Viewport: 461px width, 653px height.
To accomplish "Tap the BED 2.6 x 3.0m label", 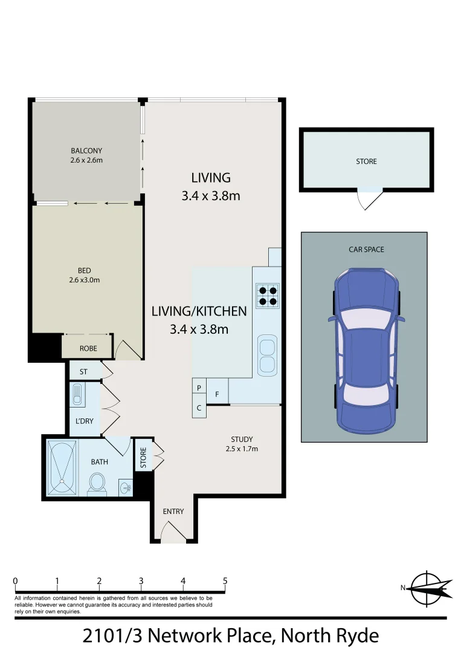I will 85,275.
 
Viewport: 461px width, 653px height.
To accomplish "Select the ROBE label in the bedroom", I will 88,348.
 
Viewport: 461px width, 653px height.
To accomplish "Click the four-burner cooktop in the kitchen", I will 266,294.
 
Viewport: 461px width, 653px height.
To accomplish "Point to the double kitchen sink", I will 266,356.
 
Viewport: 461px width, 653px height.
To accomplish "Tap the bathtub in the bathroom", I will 62,469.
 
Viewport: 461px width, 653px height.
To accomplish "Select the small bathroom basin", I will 125,487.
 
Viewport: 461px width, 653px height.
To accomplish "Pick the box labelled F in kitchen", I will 217,394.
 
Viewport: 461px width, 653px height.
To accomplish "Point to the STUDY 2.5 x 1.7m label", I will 242,444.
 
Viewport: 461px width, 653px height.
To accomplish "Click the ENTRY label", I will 173,512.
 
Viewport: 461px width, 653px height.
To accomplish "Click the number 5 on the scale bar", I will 225,581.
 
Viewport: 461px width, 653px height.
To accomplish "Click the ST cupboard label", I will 82,370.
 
